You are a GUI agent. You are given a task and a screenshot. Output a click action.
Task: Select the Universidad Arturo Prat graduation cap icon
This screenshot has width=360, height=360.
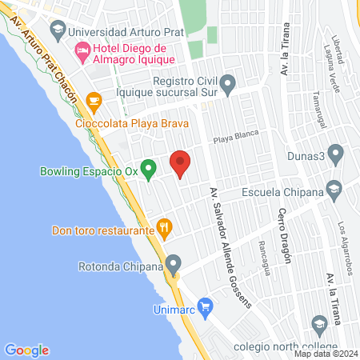[x=58, y=33]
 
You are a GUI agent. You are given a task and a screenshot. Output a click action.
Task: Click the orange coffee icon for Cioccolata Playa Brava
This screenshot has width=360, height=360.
[x=94, y=101]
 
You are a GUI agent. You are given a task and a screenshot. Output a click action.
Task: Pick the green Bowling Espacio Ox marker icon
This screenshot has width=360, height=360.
[x=147, y=169]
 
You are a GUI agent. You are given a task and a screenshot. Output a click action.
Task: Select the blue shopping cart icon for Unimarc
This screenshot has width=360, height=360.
[x=205, y=305]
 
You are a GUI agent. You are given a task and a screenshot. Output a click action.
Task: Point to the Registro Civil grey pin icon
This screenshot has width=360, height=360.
[x=228, y=83]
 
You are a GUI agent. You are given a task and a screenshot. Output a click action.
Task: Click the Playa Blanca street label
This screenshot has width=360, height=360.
[x=235, y=137]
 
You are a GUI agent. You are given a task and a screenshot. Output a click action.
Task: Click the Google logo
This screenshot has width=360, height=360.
[x=27, y=350]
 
